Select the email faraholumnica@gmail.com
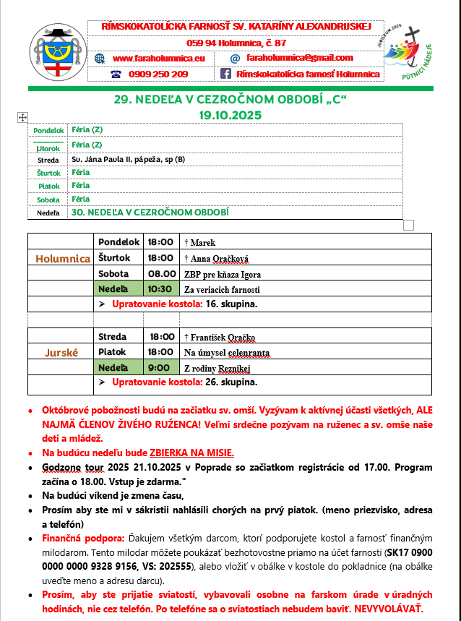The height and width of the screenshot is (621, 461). [299, 58]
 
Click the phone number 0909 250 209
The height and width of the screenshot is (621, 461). [158, 74]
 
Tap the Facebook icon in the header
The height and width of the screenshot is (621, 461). [225, 74]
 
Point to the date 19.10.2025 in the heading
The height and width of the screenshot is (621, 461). [231, 114]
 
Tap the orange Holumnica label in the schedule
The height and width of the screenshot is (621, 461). [64, 259]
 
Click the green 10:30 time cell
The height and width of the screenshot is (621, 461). [160, 289]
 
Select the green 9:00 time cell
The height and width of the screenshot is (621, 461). [160, 367]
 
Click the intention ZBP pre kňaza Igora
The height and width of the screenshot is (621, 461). [223, 274]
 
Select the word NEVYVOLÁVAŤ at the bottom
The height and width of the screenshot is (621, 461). [387, 608]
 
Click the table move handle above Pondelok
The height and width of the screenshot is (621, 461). [22, 116]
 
